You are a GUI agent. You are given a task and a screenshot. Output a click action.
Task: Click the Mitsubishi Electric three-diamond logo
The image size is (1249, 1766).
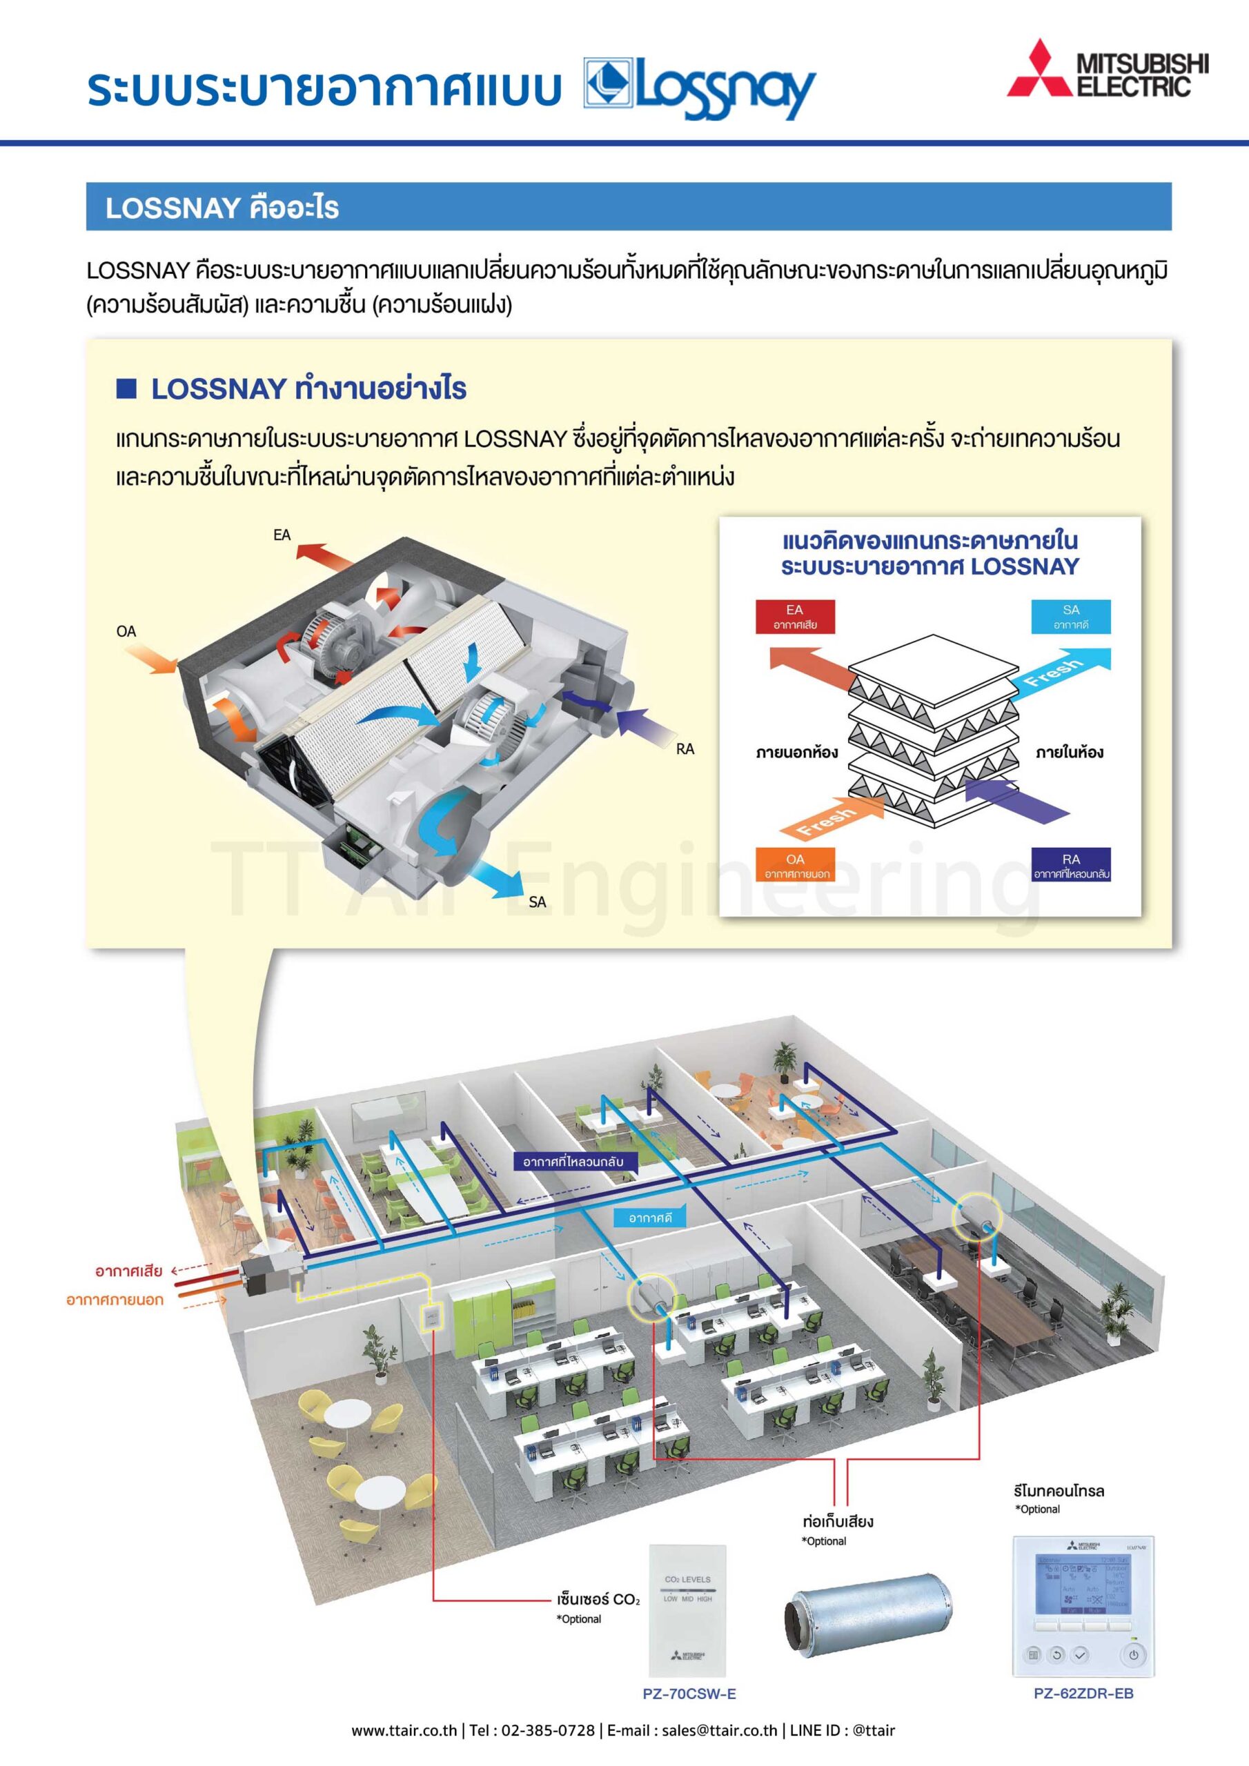(x=1040, y=70)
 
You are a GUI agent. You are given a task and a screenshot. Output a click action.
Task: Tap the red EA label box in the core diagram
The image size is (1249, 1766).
(x=794, y=616)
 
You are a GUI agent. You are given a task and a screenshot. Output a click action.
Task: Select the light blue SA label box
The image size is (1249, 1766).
(x=1070, y=616)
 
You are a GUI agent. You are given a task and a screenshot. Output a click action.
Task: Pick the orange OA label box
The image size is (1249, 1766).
(x=795, y=865)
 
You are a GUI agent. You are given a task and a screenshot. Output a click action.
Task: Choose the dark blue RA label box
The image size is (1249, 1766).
(x=1070, y=865)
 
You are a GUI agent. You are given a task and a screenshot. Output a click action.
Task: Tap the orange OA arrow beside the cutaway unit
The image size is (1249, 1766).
(x=150, y=658)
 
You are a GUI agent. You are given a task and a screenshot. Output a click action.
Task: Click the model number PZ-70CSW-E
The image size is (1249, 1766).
(x=689, y=1694)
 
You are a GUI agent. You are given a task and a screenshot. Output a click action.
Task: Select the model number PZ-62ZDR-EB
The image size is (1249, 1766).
(x=1083, y=1693)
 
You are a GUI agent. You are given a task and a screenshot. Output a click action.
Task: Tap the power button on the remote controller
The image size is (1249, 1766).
(x=1133, y=1654)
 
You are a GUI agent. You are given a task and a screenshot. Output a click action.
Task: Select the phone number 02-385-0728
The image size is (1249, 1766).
(x=547, y=1731)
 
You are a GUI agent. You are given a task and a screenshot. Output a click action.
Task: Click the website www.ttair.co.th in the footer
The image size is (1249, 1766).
(x=404, y=1731)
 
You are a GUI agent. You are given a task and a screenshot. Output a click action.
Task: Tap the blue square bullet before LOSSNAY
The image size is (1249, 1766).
(x=126, y=388)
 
